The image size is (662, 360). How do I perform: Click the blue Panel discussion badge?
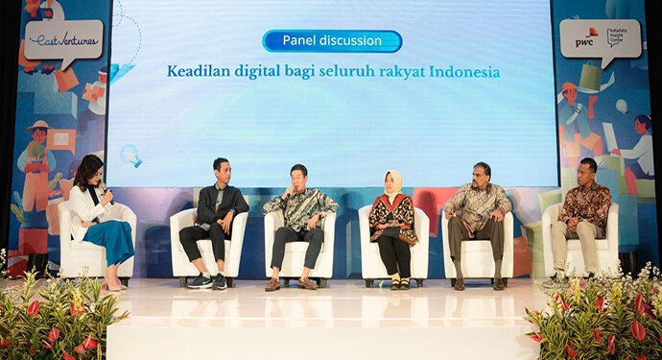point(332,41)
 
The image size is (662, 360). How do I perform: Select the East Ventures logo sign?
point(62,39)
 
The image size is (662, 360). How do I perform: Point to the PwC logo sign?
point(600,38)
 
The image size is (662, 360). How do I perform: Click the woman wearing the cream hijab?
point(392,226)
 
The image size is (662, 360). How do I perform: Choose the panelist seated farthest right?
point(581,219)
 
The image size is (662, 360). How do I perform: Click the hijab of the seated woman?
point(393,183)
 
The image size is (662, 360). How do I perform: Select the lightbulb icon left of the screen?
point(129,155)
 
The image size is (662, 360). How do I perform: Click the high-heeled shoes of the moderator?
point(115,285)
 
